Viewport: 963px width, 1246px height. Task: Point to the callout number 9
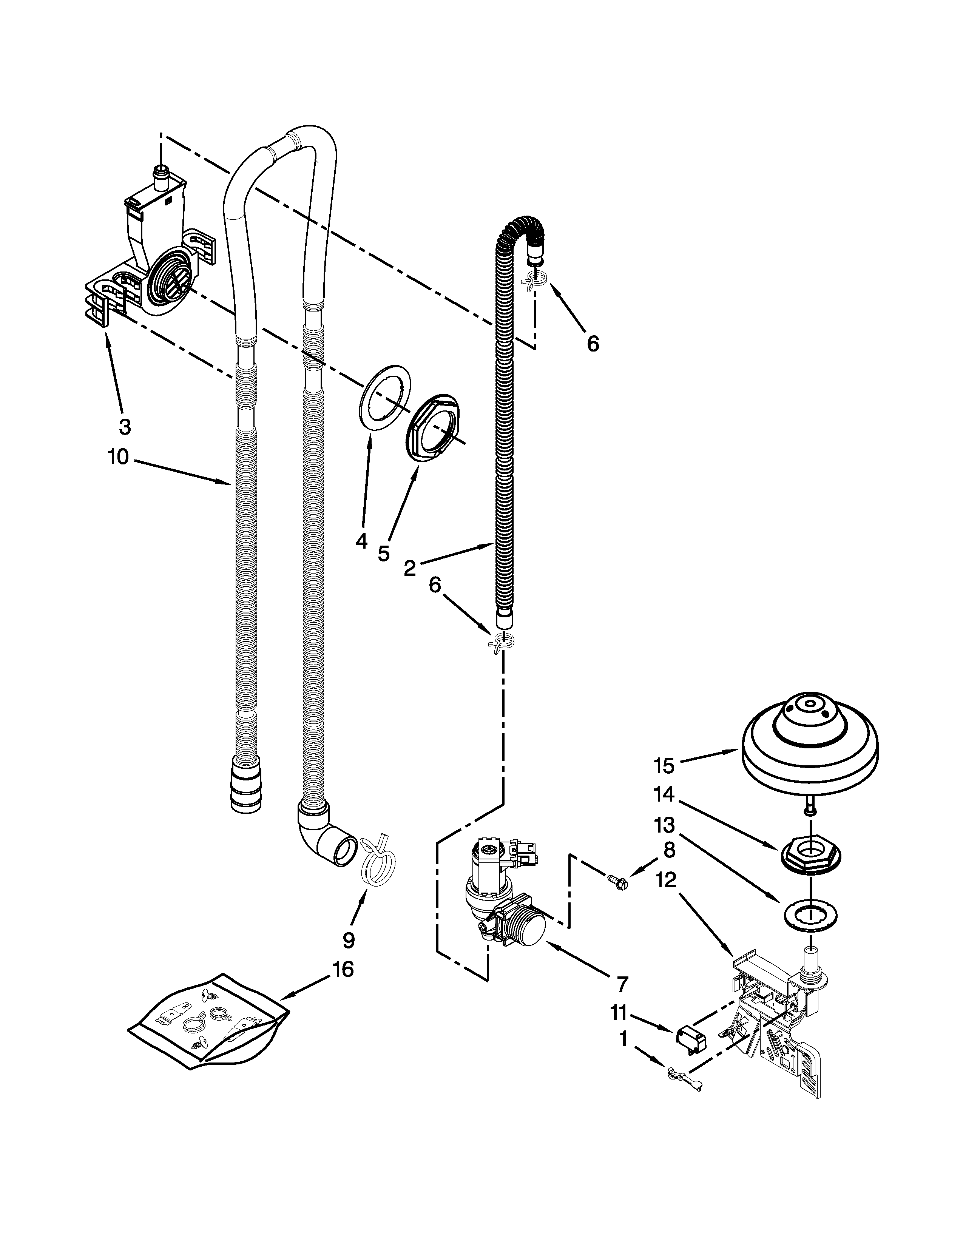[348, 939]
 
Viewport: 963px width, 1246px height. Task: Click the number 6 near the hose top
[593, 344]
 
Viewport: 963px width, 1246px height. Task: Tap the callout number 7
[621, 984]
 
